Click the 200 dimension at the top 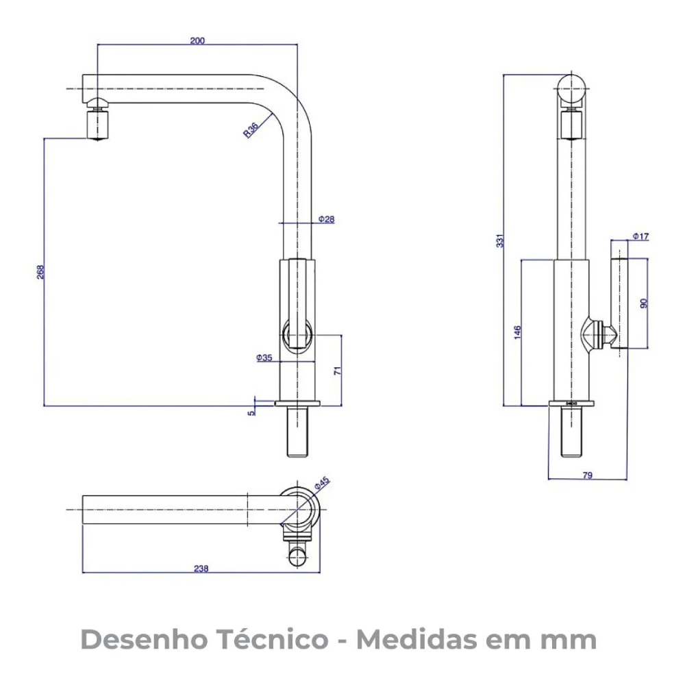[x=197, y=40]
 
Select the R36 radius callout [x=251, y=129]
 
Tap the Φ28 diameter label [x=327, y=219]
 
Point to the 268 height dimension [x=40, y=272]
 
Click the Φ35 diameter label [x=264, y=358]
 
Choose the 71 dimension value [x=337, y=371]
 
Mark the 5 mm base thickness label [x=251, y=412]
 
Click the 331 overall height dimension [x=500, y=241]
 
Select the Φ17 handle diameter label [x=640, y=236]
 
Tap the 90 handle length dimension [x=643, y=303]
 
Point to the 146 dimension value [x=517, y=332]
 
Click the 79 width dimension [x=588, y=475]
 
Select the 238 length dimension [x=201, y=568]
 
